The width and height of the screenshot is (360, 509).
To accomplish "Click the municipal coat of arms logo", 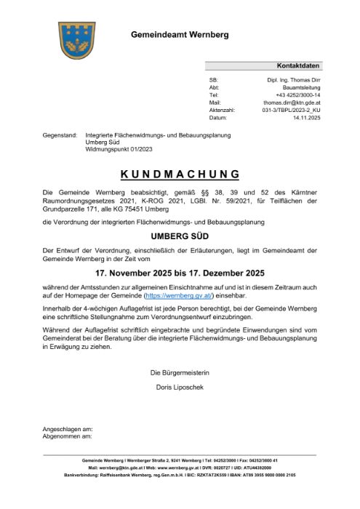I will (x=77, y=39).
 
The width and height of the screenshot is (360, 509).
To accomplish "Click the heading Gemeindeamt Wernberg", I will (x=179, y=35).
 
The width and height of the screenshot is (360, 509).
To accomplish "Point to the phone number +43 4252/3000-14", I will (x=298, y=95).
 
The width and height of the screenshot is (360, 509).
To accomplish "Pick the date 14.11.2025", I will (x=306, y=117).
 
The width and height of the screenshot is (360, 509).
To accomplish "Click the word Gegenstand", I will (x=60, y=135).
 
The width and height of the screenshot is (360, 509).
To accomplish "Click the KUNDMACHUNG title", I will (x=180, y=174).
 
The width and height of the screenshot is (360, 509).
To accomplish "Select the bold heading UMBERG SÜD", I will (x=180, y=236).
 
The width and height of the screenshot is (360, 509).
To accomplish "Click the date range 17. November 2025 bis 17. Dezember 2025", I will (x=180, y=274).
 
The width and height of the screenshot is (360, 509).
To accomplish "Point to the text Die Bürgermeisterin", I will (x=180, y=373).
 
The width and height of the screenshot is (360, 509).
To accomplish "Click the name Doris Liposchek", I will (x=180, y=388).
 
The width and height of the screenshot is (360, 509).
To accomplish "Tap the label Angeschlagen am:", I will (x=68, y=429).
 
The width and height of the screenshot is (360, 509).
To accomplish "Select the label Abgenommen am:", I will (x=67, y=436).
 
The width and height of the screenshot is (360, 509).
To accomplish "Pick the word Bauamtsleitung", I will (x=302, y=87).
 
